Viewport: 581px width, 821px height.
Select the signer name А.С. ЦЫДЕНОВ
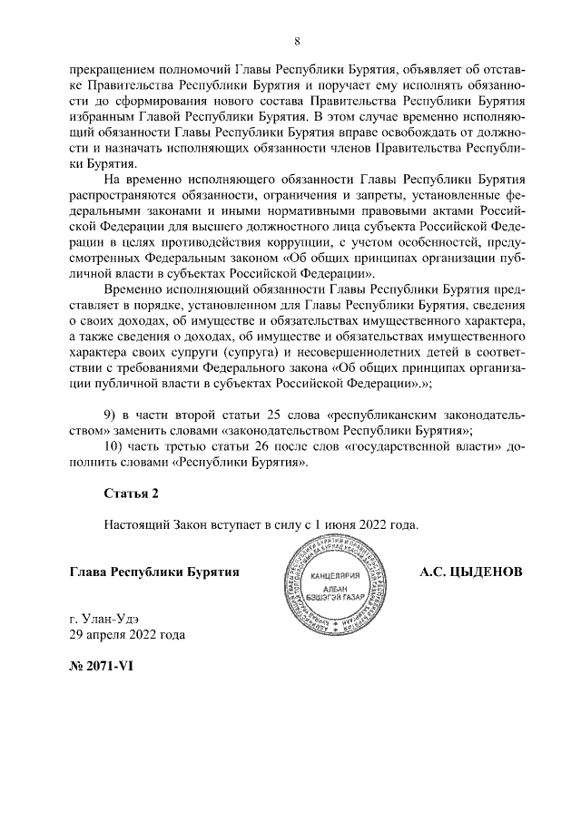coord(471,573)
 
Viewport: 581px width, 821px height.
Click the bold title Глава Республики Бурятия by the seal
coord(154,573)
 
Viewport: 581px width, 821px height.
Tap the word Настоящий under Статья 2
coord(134,524)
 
